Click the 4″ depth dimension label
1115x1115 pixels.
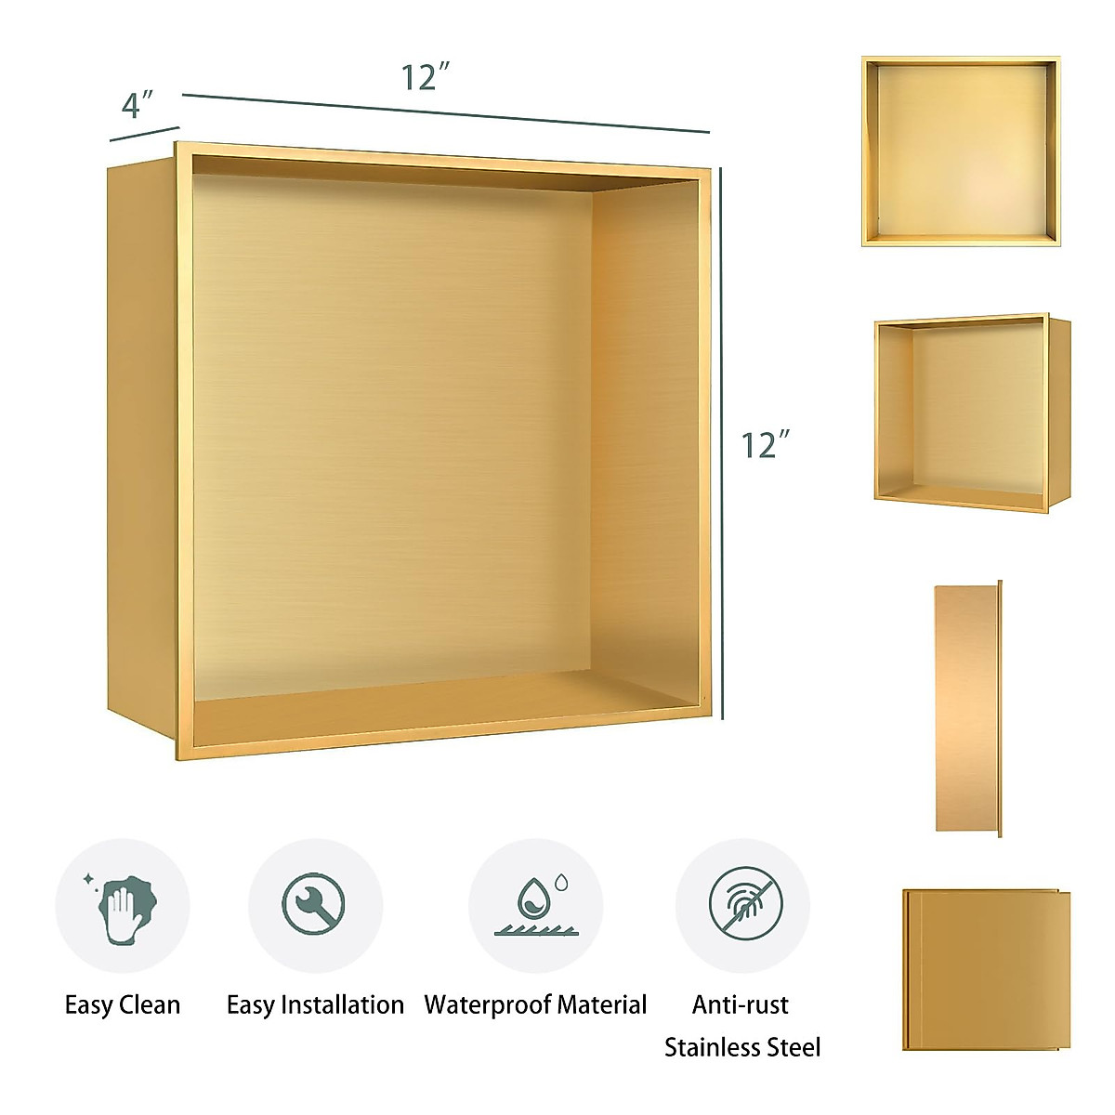pyautogui.click(x=137, y=105)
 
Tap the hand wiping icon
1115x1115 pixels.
pyautogui.click(x=123, y=905)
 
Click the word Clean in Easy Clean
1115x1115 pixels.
pyautogui.click(x=151, y=1004)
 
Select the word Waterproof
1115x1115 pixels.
pyautogui.click(x=489, y=1004)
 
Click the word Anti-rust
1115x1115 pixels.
pyautogui.click(x=741, y=1004)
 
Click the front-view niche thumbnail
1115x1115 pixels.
pyautogui.click(x=961, y=151)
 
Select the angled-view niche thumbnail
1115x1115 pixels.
pyautogui.click(x=971, y=412)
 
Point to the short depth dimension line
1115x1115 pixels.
pyautogui.click(x=144, y=133)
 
